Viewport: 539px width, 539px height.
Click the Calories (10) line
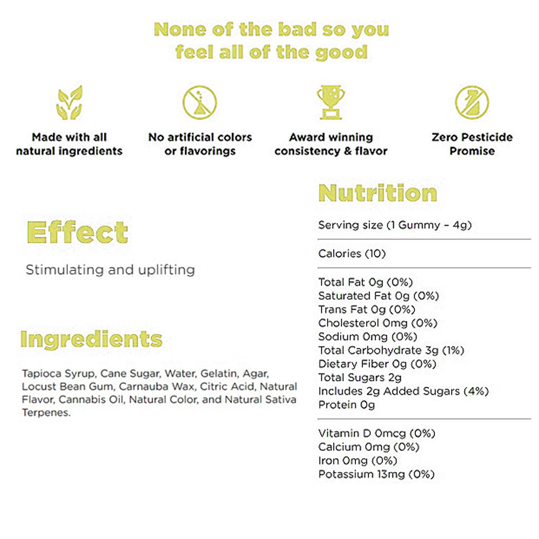[x=352, y=254]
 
